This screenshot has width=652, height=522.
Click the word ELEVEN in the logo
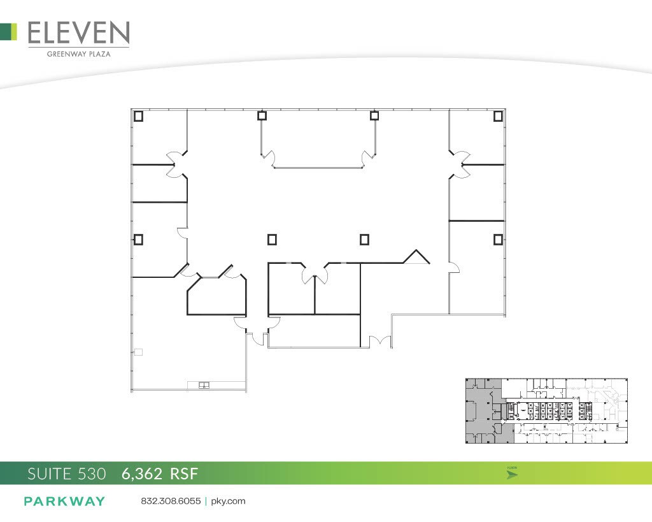(79, 33)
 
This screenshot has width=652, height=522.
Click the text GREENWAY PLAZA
(79, 54)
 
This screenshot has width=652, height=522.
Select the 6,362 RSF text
(160, 474)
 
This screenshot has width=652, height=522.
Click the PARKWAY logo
(64, 501)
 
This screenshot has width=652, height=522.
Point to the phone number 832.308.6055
(171, 501)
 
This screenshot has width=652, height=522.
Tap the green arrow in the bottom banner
(512, 475)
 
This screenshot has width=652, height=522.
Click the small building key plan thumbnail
(546, 410)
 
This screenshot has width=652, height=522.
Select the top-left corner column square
(138, 116)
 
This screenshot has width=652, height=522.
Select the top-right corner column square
(498, 116)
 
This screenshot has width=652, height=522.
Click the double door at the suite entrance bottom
(379, 342)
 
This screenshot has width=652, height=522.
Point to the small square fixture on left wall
(138, 352)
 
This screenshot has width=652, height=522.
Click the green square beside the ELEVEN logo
(8, 32)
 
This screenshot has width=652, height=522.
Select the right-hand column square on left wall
(498, 240)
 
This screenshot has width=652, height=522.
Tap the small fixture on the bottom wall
(204, 384)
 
